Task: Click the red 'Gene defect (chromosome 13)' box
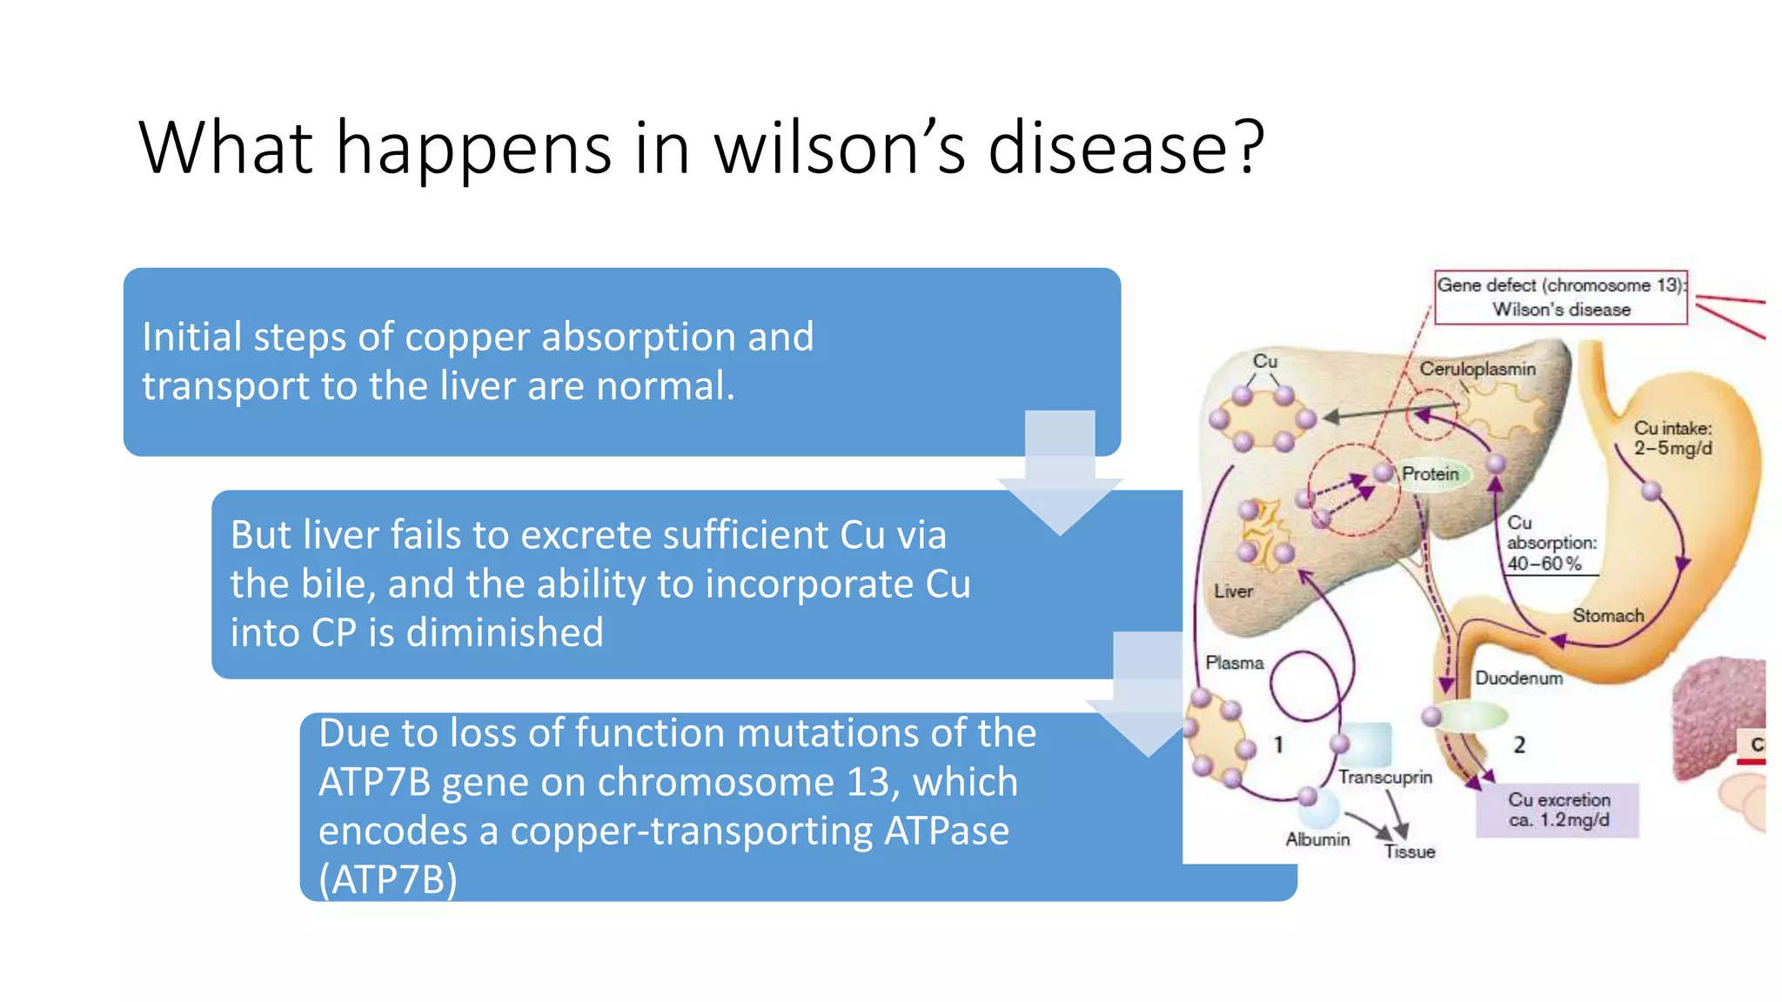click(x=1560, y=297)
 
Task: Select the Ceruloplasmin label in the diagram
click(x=1477, y=369)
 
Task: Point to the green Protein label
click(x=1430, y=474)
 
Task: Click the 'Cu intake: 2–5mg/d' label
click(x=1671, y=438)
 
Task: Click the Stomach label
click(x=1607, y=616)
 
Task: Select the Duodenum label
click(x=1518, y=678)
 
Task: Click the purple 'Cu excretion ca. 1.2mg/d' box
click(x=1558, y=810)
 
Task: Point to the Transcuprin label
click(x=1384, y=777)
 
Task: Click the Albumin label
click(x=1317, y=839)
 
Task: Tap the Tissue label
click(x=1409, y=852)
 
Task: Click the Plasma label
click(x=1234, y=663)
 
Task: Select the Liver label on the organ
click(x=1233, y=591)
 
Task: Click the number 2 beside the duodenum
click(x=1518, y=745)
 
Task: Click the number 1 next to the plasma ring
click(x=1277, y=745)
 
